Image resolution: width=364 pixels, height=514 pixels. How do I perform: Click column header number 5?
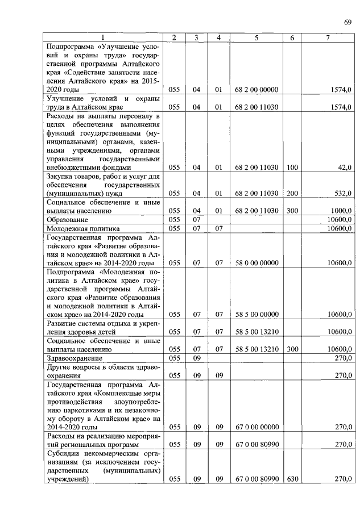click(x=257, y=37)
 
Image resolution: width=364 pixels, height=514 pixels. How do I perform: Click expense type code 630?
click(x=292, y=479)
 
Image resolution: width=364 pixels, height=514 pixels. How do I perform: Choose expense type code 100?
click(x=292, y=168)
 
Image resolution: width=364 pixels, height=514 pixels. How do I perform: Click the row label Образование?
click(x=67, y=219)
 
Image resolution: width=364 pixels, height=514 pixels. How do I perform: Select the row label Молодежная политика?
click(x=80, y=228)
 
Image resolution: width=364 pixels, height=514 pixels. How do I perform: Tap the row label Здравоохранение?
click(x=75, y=358)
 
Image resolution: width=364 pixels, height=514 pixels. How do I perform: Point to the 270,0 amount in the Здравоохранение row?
click(x=343, y=358)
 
